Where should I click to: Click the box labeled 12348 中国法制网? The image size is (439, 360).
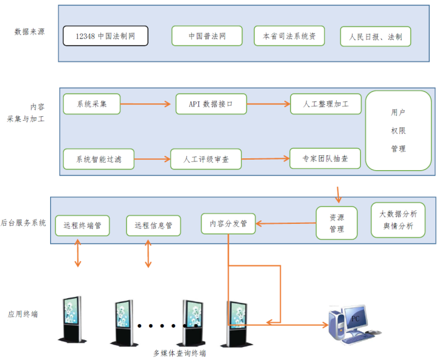pyautogui.click(x=105, y=36)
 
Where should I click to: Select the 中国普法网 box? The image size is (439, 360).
pyautogui.click(x=207, y=36)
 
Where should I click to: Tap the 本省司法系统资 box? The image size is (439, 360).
pyautogui.click(x=289, y=36)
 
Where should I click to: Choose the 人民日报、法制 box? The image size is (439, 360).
pyautogui.click(x=375, y=36)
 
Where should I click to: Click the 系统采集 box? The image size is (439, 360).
pyautogui.click(x=91, y=104)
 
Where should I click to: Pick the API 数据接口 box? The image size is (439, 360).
pyautogui.click(x=211, y=104)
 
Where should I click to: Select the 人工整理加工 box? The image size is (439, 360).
pyautogui.click(x=326, y=104)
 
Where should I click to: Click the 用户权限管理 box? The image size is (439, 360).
pyautogui.click(x=398, y=131)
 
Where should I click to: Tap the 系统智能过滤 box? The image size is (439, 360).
pyautogui.click(x=98, y=159)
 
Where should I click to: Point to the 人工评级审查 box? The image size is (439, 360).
pyautogui.click(x=206, y=159)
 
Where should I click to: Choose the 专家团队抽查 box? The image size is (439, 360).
pyautogui.click(x=326, y=158)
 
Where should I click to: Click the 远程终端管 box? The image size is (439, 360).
pyautogui.click(x=82, y=225)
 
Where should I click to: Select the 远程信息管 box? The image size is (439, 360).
pyautogui.click(x=153, y=225)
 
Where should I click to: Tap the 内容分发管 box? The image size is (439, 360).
pyautogui.click(x=228, y=223)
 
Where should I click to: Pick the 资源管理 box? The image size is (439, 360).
pyautogui.click(x=336, y=223)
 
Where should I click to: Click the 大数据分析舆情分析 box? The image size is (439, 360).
pyautogui.click(x=398, y=220)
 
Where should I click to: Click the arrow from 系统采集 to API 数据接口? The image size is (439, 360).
pyautogui.click(x=145, y=104)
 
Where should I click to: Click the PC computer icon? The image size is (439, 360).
pyautogui.click(x=351, y=322)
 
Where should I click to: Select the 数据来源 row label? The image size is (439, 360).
pyautogui.click(x=29, y=32)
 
